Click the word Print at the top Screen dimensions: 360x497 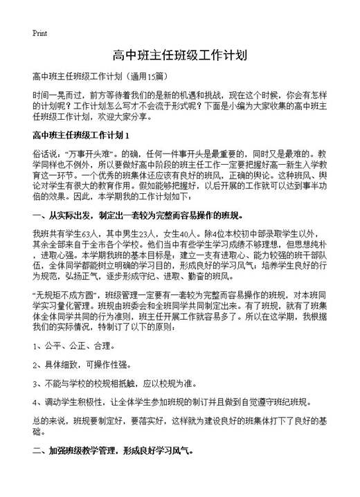39,33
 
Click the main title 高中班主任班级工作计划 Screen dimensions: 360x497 180,55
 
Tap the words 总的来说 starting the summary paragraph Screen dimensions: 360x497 49,419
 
